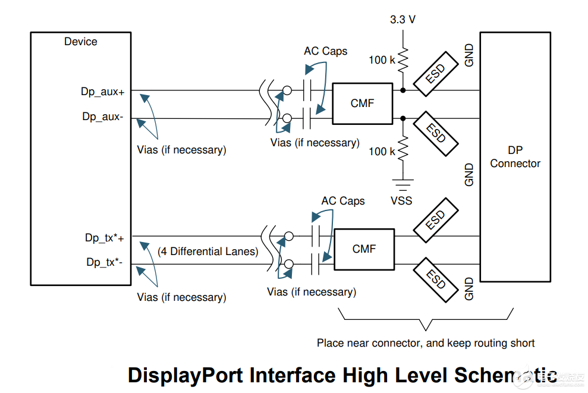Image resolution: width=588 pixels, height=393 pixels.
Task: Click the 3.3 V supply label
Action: click(x=403, y=19)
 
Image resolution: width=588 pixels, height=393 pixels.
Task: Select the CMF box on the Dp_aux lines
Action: click(x=362, y=103)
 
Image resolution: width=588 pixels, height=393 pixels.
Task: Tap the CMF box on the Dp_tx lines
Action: click(x=364, y=249)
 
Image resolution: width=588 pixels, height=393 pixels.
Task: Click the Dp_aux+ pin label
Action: click(x=102, y=92)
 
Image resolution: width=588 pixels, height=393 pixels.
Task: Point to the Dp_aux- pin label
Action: click(x=103, y=117)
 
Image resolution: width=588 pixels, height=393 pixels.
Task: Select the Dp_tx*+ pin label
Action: click(x=104, y=238)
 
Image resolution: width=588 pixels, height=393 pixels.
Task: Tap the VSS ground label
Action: click(x=401, y=200)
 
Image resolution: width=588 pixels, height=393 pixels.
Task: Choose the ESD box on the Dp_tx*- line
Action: click(x=436, y=278)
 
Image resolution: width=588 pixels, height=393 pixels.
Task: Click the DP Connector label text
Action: click(x=515, y=157)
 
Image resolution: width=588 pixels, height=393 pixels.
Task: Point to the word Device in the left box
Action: click(x=81, y=42)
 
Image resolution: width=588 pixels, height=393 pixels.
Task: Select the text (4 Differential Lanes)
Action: click(x=208, y=251)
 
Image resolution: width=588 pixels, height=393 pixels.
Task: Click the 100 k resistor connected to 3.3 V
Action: click(x=403, y=60)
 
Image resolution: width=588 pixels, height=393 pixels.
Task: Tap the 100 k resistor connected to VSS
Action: click(x=403, y=149)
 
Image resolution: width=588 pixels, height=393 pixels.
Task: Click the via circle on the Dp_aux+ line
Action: click(x=287, y=91)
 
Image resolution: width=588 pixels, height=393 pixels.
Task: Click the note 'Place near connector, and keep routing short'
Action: click(x=425, y=343)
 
